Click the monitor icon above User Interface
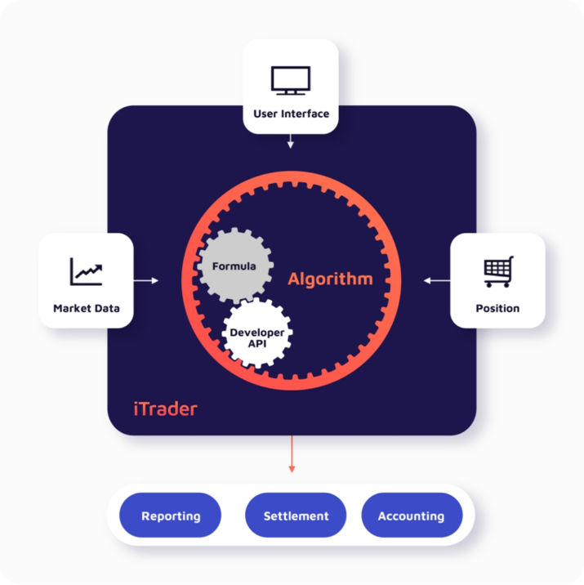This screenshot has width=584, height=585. point(291,80)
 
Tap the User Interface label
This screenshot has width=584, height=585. point(291,114)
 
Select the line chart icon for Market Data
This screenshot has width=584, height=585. point(86,272)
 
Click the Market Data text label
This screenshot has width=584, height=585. point(86,309)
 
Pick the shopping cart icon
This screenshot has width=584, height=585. point(497,272)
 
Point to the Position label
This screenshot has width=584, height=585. point(497,309)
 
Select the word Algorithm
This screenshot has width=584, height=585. point(330,279)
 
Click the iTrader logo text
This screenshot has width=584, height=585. point(165,409)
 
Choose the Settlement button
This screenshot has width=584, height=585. point(296,516)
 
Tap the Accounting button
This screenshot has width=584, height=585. point(411,516)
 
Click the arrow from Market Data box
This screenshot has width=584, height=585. point(146,280)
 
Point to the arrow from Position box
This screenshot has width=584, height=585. point(437,280)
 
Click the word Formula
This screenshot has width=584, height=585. point(234,266)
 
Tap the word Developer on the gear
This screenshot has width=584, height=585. point(256,333)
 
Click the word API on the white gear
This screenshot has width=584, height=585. point(256,344)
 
